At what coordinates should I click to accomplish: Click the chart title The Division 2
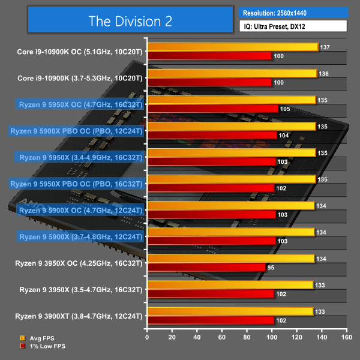tap(130, 21)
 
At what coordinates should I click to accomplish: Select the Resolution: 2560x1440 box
tap(293, 12)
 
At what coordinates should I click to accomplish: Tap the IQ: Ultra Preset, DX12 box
tap(293, 26)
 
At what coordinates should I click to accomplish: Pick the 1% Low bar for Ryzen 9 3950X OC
tap(206, 267)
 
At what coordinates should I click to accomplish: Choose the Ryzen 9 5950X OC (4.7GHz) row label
tap(80, 104)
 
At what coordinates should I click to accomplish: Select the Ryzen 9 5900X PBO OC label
tap(76, 131)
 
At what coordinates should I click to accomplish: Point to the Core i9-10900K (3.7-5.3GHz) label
tap(80, 78)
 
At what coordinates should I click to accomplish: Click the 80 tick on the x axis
tap(247, 337)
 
